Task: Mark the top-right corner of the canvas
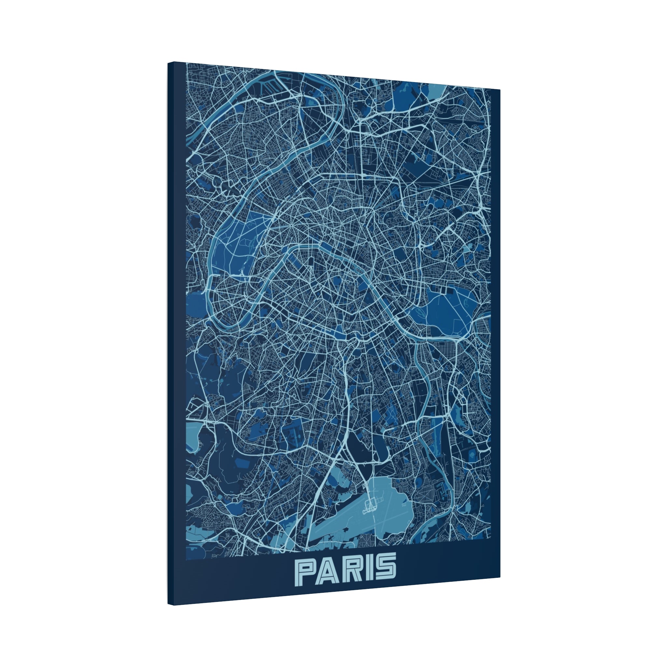point(500,90)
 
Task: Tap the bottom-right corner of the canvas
point(500,577)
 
